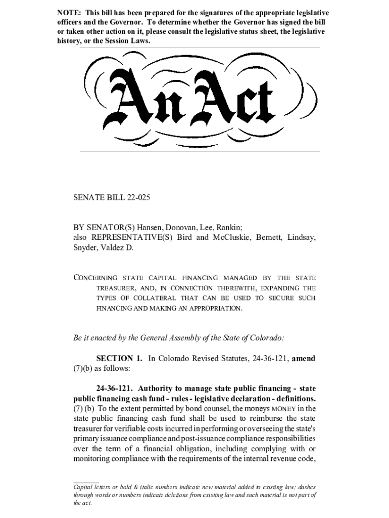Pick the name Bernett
pyautogui.click(x=270, y=238)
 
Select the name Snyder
pyautogui.click(x=86, y=248)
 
